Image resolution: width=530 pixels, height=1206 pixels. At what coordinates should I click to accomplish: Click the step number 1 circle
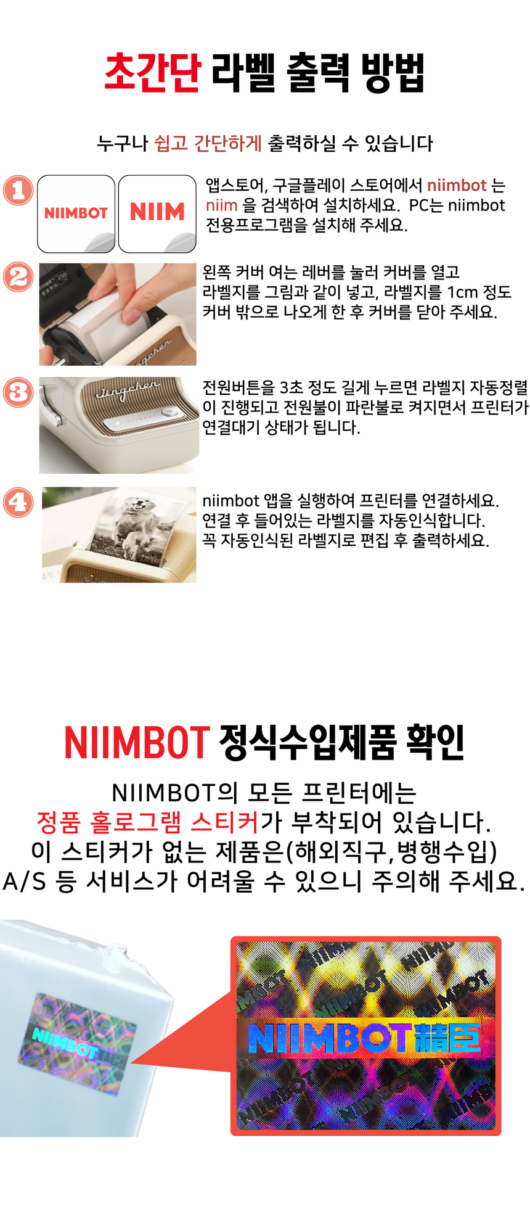[x=18, y=190]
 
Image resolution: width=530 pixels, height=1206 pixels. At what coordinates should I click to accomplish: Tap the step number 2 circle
[x=18, y=277]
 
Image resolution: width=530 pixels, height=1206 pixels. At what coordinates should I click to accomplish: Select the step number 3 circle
[x=18, y=392]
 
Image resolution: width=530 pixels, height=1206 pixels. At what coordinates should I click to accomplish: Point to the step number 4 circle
[x=18, y=502]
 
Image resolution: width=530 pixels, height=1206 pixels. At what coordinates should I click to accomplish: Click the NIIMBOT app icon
[x=76, y=213]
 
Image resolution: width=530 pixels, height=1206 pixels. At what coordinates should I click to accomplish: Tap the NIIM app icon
[x=157, y=213]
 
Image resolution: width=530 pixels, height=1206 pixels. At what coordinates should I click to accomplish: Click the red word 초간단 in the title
[x=152, y=73]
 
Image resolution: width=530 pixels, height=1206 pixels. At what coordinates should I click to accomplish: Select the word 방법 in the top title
[x=394, y=73]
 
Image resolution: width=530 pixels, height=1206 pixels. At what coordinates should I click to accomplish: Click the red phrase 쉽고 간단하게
[x=208, y=143]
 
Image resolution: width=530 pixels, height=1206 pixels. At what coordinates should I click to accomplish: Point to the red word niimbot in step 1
[x=457, y=186]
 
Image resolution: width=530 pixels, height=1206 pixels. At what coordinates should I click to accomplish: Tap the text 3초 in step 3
[x=291, y=387]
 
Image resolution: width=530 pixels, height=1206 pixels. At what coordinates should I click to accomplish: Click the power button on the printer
[x=166, y=411]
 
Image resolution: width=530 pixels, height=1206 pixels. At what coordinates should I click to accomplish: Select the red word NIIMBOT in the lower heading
[x=137, y=742]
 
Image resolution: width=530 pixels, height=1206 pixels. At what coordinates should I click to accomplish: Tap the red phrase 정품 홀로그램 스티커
[x=148, y=822]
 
